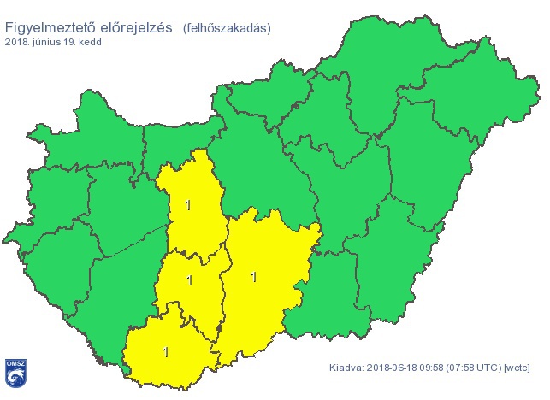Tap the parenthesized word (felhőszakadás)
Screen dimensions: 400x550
click(x=226, y=27)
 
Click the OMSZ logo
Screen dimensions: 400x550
click(x=15, y=371)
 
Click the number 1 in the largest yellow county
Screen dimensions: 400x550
click(x=253, y=276)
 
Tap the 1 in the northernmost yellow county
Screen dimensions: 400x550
click(x=188, y=205)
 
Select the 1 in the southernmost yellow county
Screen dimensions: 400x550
click(x=165, y=351)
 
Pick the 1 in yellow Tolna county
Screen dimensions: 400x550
click(x=189, y=280)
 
